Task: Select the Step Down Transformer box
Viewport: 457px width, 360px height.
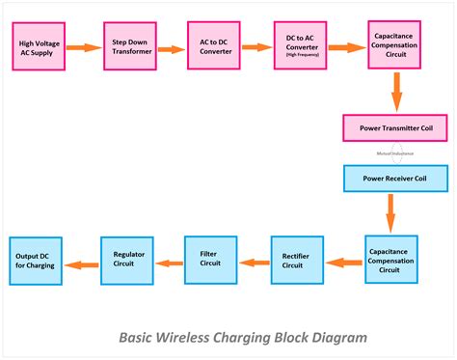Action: coord(129,45)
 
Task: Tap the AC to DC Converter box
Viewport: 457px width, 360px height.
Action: coord(213,45)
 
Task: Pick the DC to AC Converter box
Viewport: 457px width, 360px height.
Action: coord(300,45)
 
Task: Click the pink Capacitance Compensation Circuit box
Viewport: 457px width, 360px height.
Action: coord(393,45)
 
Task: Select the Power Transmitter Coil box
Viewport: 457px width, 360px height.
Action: coord(396,128)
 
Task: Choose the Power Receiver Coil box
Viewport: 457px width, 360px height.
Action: coord(396,179)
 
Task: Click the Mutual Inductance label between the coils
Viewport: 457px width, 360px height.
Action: coord(395,153)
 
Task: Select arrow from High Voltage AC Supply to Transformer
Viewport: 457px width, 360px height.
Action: coord(84,46)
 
